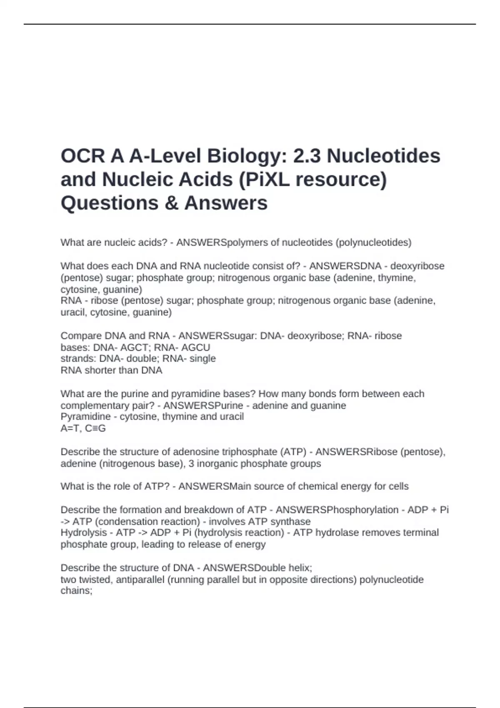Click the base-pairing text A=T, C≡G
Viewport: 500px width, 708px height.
pyautogui.click(x=83, y=428)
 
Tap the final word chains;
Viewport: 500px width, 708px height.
pyautogui.click(x=76, y=591)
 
